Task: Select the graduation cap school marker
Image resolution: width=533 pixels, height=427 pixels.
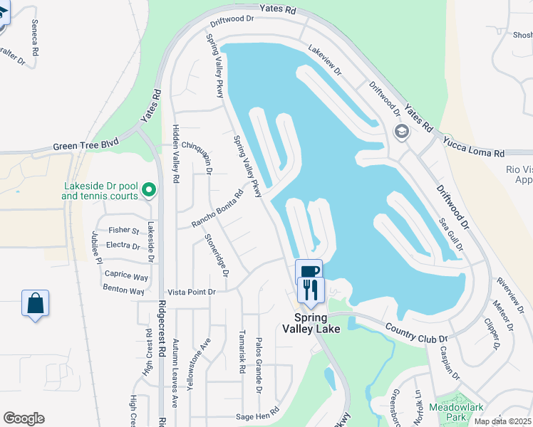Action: (402, 132)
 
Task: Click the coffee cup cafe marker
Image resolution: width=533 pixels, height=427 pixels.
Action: (309, 272)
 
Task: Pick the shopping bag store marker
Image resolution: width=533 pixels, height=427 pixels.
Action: (35, 303)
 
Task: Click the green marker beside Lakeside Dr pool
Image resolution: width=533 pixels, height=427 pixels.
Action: (149, 190)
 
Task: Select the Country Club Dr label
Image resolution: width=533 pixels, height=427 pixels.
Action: (415, 330)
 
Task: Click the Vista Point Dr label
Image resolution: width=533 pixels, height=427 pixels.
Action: (191, 292)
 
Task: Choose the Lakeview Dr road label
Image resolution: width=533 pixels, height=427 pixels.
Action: (325, 62)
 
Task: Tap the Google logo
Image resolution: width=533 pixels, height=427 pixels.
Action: (24, 418)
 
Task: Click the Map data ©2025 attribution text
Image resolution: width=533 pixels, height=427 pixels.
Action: (502, 421)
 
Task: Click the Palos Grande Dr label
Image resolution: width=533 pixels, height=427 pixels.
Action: (259, 365)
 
